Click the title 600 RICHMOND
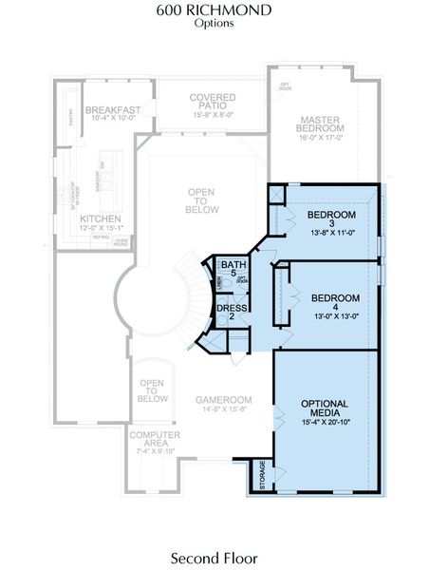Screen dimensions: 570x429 pos(214,10)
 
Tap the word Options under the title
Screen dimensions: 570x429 pos(214,24)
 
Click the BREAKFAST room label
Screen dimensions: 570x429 pos(113,110)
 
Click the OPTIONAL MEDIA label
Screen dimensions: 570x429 pos(326,408)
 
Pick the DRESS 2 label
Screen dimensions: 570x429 pos(231,312)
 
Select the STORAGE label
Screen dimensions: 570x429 pos(263,474)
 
